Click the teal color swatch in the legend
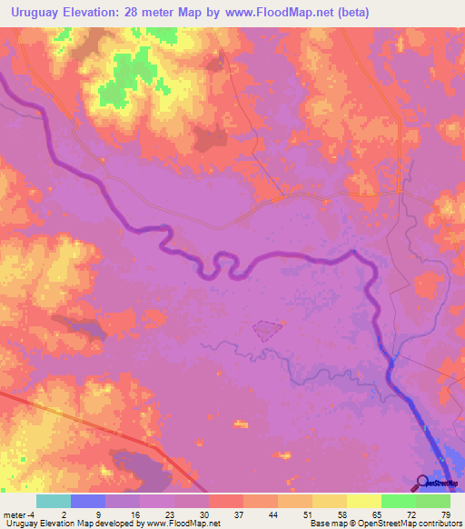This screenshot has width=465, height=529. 54,501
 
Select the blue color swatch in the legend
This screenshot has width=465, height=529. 88,501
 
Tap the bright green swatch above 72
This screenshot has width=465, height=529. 398,501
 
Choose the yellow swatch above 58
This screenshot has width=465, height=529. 330,501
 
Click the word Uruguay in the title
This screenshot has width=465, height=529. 35,12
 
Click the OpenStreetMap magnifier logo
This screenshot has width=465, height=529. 423,483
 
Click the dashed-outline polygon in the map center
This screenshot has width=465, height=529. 265,331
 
